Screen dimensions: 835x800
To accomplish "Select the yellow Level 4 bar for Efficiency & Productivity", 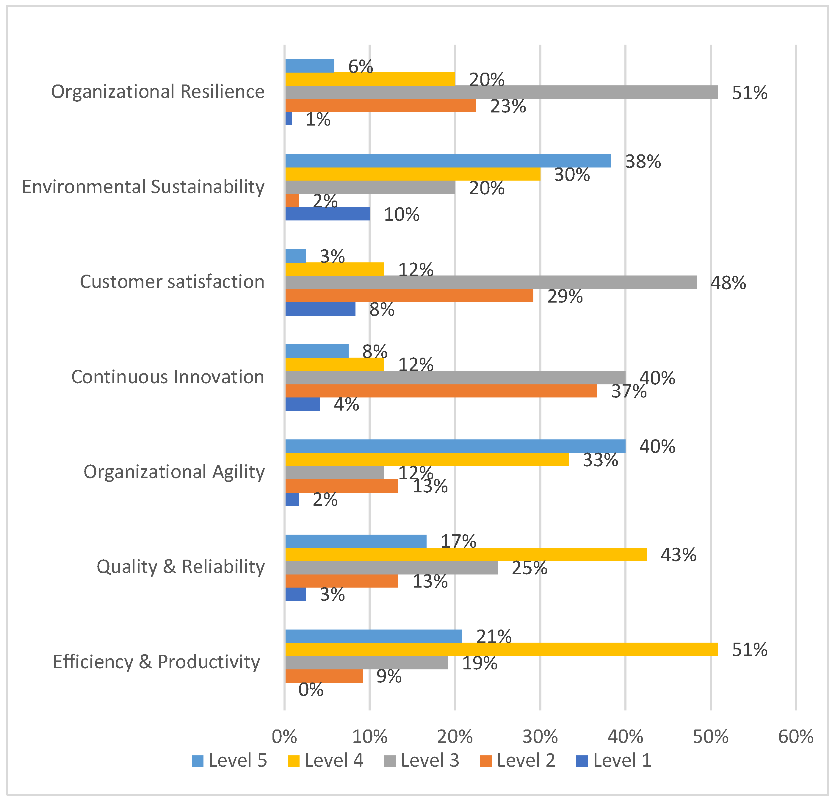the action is tap(502, 650).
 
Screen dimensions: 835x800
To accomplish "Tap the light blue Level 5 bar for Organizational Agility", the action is tap(455, 446).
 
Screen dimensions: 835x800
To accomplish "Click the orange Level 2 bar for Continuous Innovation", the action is tap(441, 391).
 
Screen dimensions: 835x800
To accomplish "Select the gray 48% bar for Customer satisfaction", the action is tap(491, 282).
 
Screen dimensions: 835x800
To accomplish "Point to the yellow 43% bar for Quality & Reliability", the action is tap(466, 555).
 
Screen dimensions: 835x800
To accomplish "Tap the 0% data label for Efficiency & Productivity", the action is tap(311, 690).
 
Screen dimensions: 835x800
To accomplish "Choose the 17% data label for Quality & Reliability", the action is tap(458, 541).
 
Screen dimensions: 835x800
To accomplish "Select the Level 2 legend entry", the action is tap(518, 760).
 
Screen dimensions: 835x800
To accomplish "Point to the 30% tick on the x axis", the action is tap(540, 737).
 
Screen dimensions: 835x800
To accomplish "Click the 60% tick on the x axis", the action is tap(796, 737).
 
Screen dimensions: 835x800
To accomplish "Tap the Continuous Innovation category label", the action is tap(168, 377).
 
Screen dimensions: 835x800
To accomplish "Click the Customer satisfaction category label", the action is tap(172, 282).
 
